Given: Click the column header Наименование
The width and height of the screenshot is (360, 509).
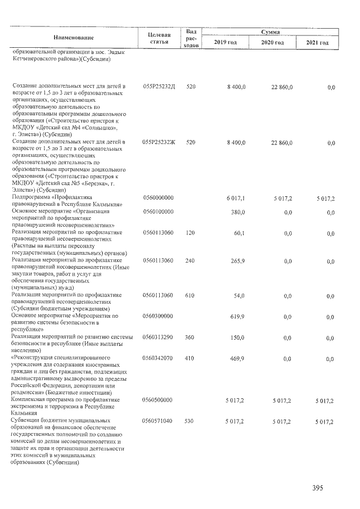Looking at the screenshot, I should [x=74, y=38].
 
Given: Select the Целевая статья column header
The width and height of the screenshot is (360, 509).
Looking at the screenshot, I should [x=159, y=38].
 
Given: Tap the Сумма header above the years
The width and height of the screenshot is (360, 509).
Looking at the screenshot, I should [x=270, y=33].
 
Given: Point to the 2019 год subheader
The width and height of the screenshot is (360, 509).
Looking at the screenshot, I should [x=226, y=43].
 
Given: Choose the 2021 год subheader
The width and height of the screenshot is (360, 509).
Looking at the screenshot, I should [x=317, y=43].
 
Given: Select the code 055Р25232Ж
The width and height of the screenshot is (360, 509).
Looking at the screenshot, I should [x=159, y=142].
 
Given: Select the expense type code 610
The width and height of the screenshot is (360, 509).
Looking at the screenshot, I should [x=190, y=295].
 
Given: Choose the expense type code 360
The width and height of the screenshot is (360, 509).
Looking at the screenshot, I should [x=190, y=337].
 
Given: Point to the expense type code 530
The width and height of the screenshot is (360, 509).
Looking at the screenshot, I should [x=190, y=421].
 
